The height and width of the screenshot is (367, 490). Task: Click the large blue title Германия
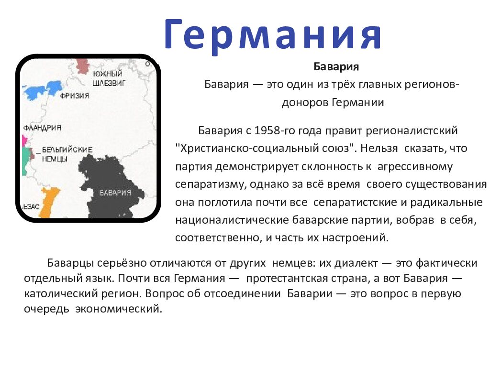tap(273, 34)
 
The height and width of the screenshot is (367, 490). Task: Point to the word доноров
tap(304, 102)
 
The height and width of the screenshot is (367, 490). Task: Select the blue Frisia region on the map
tap(44, 89)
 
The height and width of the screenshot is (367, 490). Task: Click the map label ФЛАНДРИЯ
tap(42, 128)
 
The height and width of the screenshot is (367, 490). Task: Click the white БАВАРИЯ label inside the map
tap(115, 193)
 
